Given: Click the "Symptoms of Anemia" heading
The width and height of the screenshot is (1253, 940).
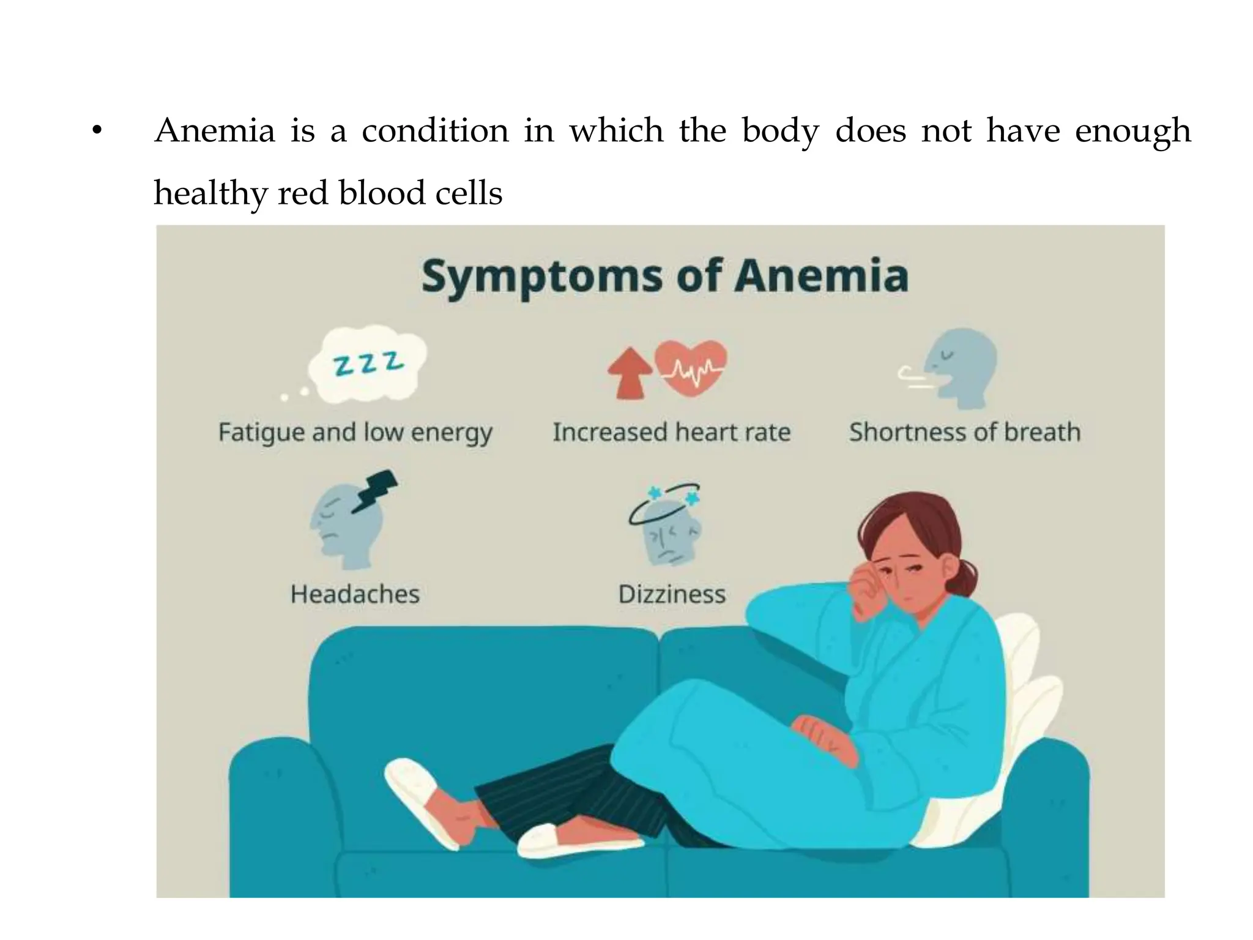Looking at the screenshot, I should (665, 277).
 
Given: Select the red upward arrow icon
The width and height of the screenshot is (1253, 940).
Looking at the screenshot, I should (630, 373).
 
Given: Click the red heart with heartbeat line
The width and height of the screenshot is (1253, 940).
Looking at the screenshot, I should (692, 367).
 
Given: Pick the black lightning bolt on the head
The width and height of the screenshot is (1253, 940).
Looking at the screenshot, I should (375, 490).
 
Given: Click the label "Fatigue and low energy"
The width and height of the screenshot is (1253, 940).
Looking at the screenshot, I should (355, 433).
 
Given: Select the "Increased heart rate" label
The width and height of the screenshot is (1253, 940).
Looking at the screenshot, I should (671, 433).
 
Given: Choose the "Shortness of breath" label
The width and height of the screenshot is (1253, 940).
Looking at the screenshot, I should (965, 433).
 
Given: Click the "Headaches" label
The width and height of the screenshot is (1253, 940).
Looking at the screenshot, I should (355, 594).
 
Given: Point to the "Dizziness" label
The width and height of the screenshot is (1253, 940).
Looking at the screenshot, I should (672, 594).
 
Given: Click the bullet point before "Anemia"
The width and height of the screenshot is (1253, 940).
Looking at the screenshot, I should (95, 132).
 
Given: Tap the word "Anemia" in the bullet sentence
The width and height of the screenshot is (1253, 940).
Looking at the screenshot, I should (215, 131).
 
